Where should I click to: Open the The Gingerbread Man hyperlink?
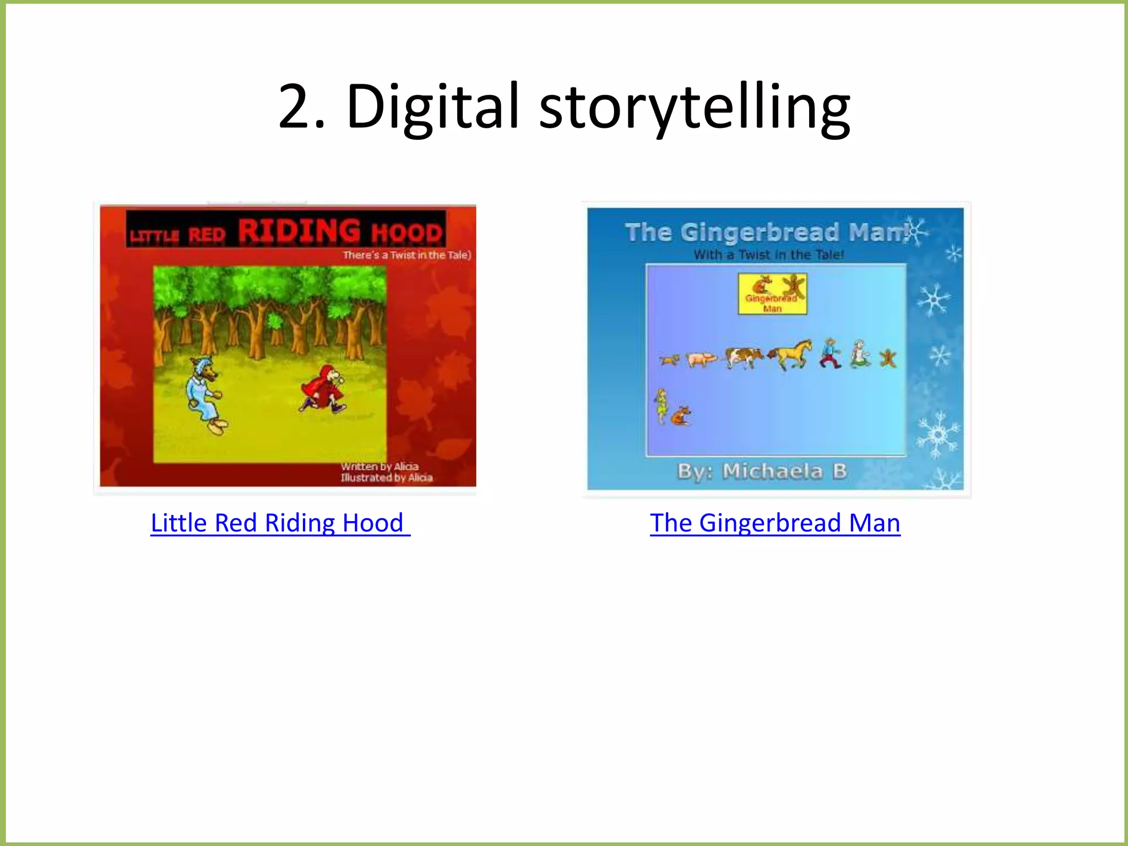click(775, 523)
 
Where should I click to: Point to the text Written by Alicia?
click(379, 467)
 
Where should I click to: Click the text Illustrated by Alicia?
click(386, 478)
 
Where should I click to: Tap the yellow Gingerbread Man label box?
click(772, 294)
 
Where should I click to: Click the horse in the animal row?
click(791, 354)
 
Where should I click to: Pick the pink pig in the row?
click(701, 359)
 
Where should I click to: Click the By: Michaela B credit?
click(762, 471)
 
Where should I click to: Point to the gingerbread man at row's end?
click(888, 358)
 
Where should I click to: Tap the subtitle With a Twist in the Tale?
click(768, 255)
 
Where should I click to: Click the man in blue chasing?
click(830, 354)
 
